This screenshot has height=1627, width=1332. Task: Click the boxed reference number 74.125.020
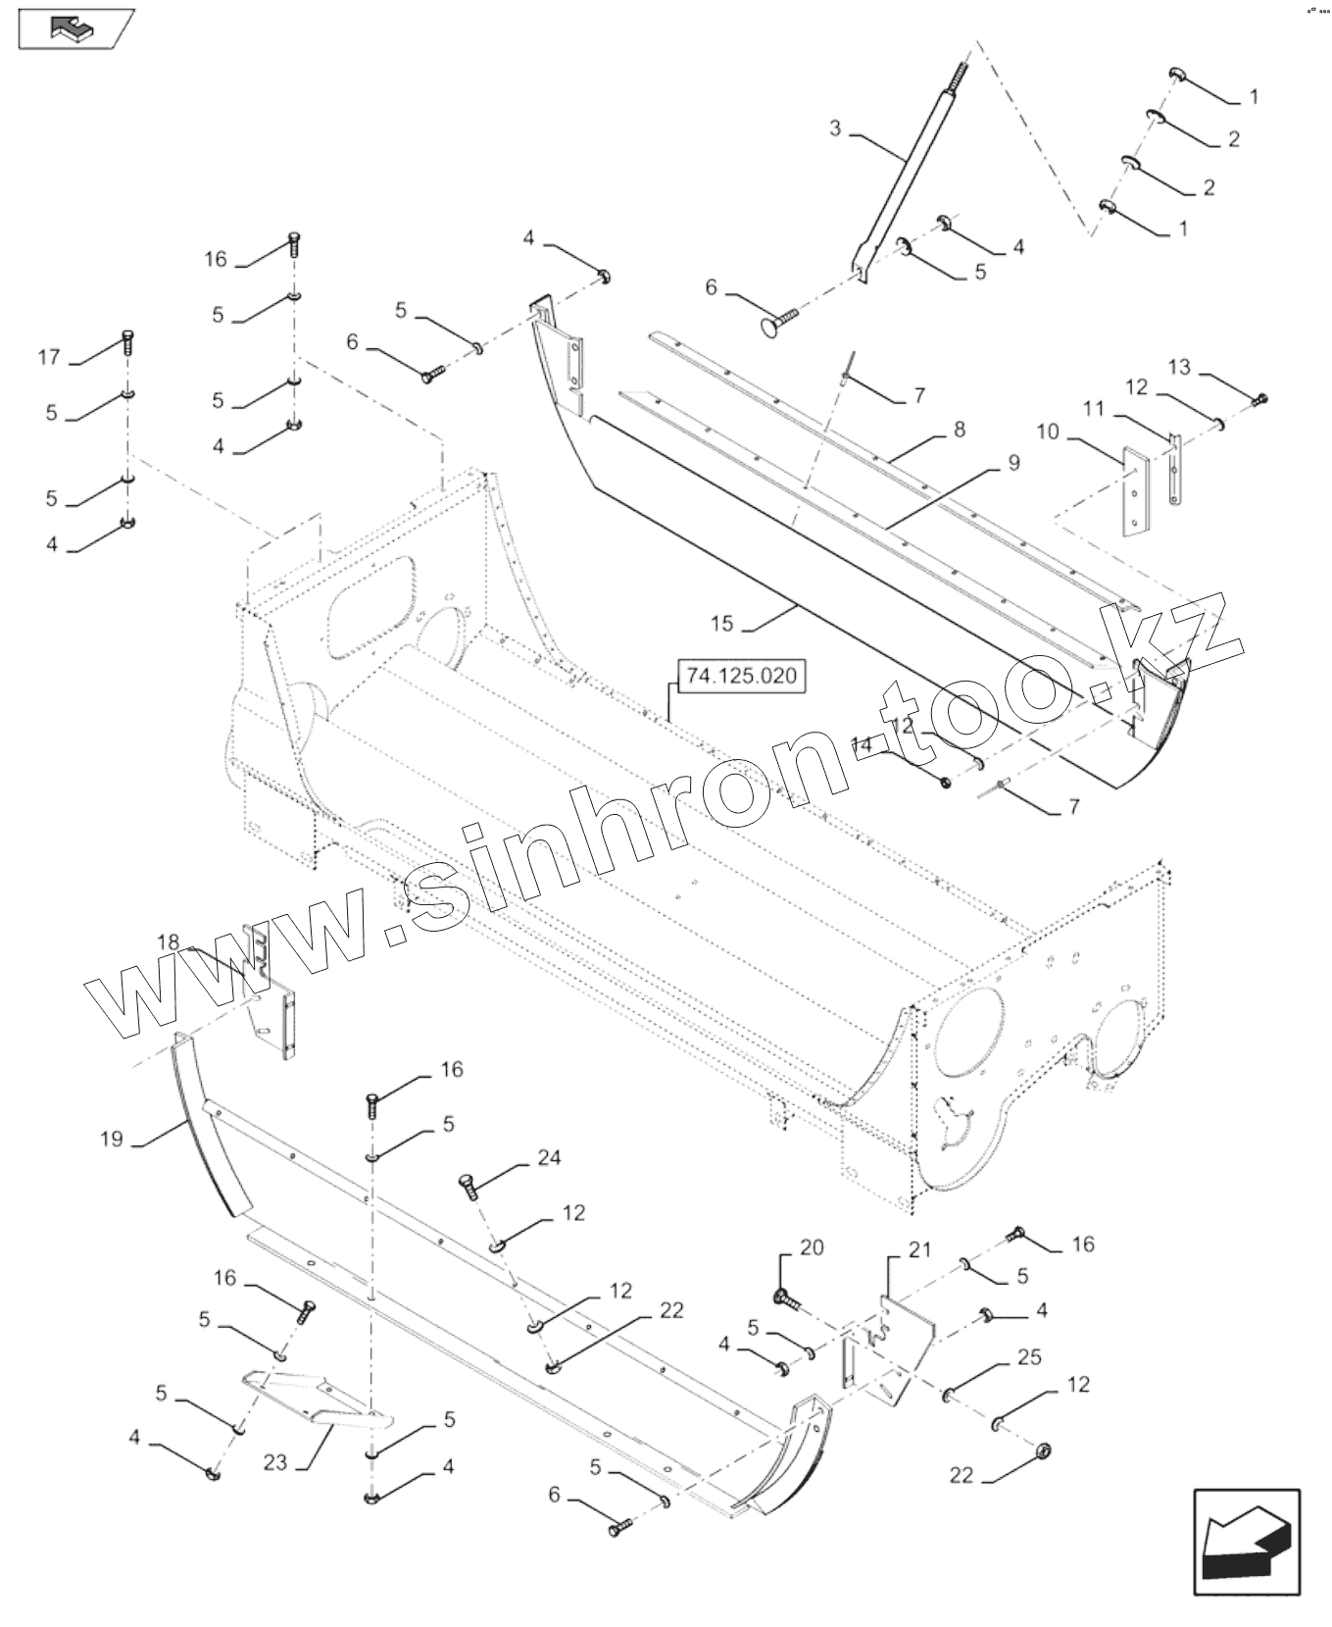[x=741, y=677]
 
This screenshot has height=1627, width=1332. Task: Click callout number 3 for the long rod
[x=835, y=128]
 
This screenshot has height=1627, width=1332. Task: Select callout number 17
[x=49, y=357]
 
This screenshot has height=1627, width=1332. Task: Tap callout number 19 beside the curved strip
[x=112, y=1139]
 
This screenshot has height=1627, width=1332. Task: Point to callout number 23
[x=275, y=1462]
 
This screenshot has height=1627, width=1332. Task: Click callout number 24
[x=549, y=1157]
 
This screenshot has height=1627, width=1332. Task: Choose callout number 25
[x=1029, y=1357]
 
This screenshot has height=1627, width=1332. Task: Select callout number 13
[x=1179, y=367]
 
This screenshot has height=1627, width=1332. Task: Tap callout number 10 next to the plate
[x=1048, y=431]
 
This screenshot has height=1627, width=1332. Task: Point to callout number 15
[x=721, y=623]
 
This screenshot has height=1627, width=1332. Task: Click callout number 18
[x=169, y=942]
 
